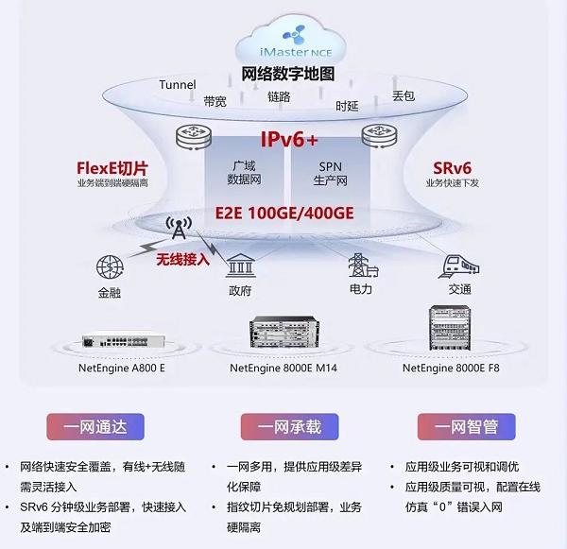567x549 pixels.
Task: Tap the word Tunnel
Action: pyautogui.click(x=178, y=85)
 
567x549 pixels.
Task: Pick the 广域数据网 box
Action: pyautogui.click(x=243, y=173)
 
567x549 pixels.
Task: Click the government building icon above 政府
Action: pyautogui.click(x=239, y=264)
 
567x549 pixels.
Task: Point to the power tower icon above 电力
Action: pyautogui.click(x=359, y=264)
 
